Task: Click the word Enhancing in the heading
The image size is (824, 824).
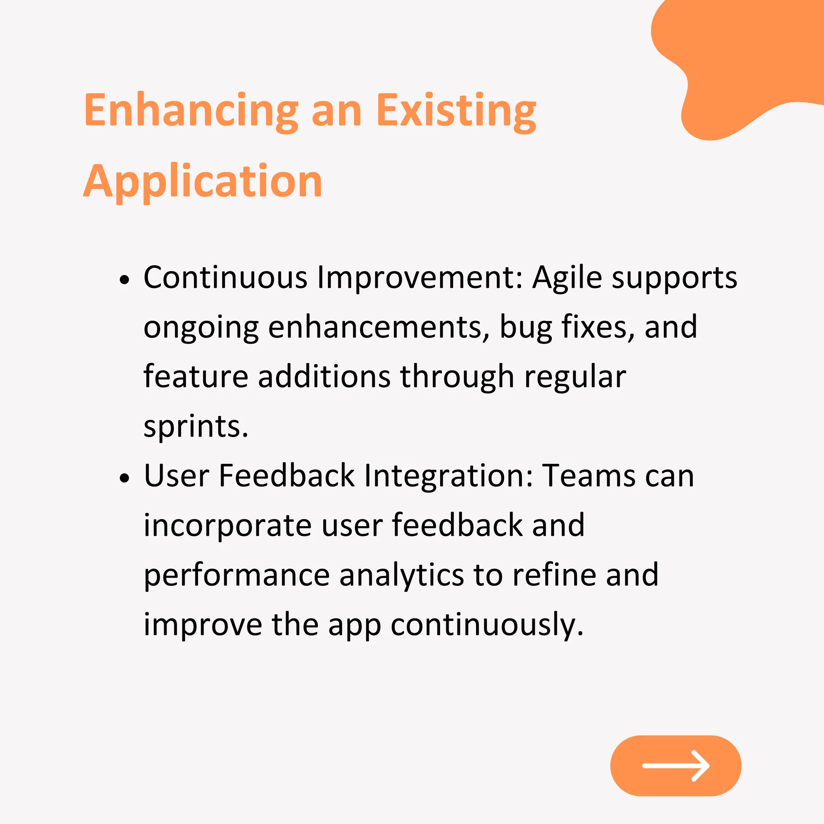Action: point(191,111)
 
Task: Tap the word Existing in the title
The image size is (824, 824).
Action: point(456,111)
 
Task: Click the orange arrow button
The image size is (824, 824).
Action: point(676,766)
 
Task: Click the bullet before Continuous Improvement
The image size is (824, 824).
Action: point(124,280)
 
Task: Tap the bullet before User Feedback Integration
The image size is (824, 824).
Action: point(124,478)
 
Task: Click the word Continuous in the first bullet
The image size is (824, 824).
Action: point(225,278)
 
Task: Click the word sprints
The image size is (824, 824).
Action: point(196,427)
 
